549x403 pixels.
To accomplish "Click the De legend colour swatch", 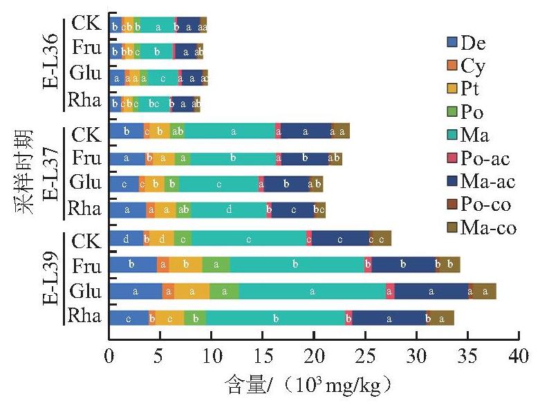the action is [452, 42].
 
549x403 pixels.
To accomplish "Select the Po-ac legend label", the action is [485, 158].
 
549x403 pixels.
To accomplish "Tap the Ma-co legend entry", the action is [482, 227].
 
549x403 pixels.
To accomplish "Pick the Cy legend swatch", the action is [452, 66].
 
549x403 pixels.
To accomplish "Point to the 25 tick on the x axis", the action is [366, 336].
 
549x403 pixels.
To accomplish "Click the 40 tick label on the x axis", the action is [519, 356].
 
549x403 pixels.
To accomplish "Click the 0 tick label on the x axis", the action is [109, 356].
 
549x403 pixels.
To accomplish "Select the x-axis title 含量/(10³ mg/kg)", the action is [308, 385].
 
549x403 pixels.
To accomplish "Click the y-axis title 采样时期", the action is [24, 172].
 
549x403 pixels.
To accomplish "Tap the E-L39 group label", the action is [50, 279].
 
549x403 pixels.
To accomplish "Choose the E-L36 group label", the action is [50, 62].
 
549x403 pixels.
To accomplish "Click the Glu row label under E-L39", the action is [86, 291].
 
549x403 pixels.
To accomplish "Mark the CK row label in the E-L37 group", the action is [86, 135].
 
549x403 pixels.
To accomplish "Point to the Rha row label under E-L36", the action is [84, 100].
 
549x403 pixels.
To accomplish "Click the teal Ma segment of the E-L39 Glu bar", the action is [313, 291].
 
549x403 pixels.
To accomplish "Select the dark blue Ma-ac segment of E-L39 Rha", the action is [389, 318].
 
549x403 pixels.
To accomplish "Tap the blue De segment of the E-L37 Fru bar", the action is [127, 158].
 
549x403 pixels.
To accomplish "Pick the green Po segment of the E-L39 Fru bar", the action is [216, 265].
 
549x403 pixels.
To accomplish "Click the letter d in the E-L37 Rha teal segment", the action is [229, 209].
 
